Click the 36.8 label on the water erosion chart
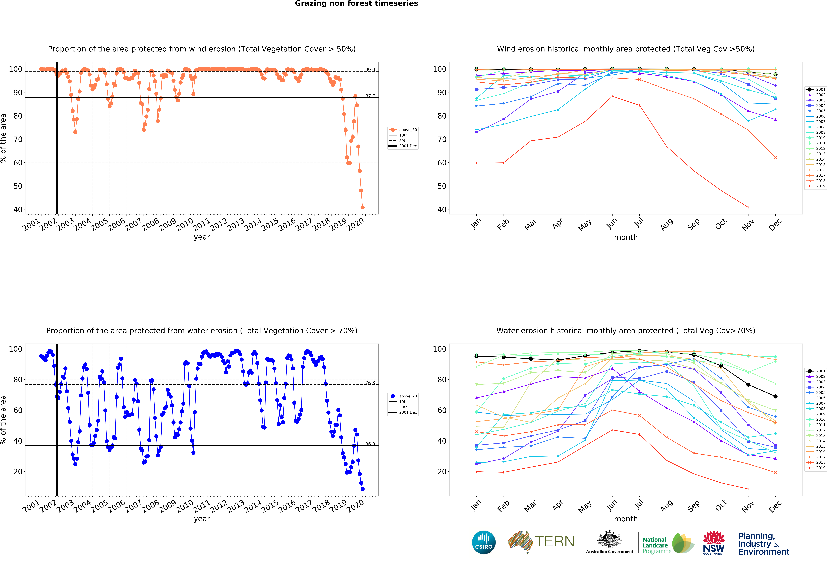pyautogui.click(x=370, y=444)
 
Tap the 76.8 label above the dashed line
pyautogui.click(x=370, y=383)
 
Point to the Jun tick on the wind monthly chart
pyautogui.click(x=612, y=223)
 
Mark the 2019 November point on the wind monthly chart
pyautogui.click(x=748, y=207)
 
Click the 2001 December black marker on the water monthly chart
pyautogui.click(x=775, y=396)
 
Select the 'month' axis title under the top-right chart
pyautogui.click(x=626, y=237)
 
